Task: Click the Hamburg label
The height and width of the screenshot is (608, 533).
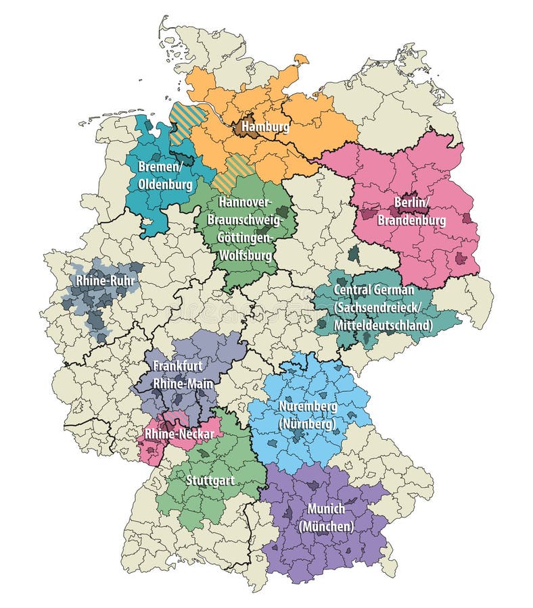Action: click(x=265, y=126)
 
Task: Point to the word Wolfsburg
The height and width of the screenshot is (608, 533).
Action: click(x=246, y=255)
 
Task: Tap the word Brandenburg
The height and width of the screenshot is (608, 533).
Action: click(x=411, y=220)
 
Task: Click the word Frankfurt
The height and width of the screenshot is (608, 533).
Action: click(x=178, y=365)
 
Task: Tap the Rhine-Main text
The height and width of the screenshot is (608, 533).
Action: click(x=183, y=383)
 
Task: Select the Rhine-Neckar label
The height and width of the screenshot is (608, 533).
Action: click(x=180, y=434)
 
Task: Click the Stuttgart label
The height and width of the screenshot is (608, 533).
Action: click(x=210, y=481)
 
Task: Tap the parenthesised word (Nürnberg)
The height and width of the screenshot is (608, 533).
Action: click(x=307, y=424)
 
